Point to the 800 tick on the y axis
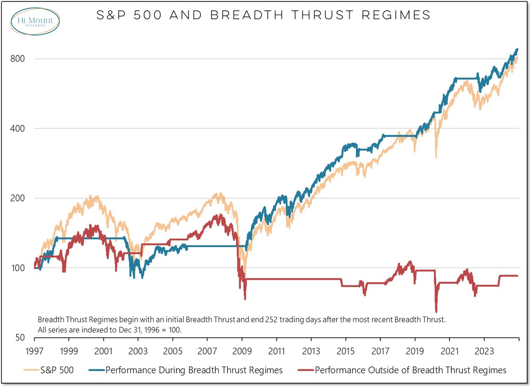[16, 59]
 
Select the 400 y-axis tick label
[16, 129]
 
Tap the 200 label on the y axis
[16, 198]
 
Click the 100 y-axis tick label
[16, 268]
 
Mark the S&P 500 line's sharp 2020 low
[436, 157]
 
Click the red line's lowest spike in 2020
[436, 311]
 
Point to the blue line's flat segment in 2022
[465, 78]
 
